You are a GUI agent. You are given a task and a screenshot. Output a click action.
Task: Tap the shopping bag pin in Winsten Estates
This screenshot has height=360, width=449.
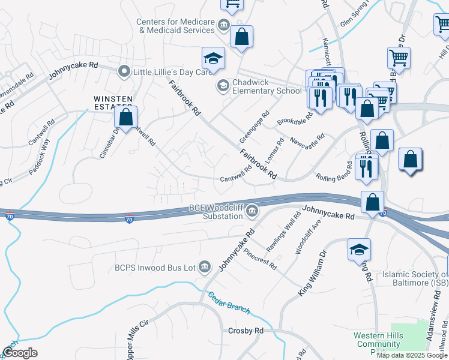[x=126, y=117]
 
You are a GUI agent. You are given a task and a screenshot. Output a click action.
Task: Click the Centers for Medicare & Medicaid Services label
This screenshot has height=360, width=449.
[x=175, y=26]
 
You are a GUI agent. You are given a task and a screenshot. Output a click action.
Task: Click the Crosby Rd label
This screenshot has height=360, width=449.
[x=246, y=331]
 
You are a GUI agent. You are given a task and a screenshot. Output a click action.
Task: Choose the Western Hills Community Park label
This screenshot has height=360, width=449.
[x=377, y=340]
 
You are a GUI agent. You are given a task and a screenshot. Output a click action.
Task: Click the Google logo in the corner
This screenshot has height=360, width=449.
[x=20, y=353]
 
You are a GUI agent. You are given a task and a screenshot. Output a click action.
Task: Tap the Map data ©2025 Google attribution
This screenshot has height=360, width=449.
[x=412, y=355]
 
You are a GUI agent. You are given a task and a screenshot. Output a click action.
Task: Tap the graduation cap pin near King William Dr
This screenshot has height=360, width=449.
[x=360, y=249]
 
